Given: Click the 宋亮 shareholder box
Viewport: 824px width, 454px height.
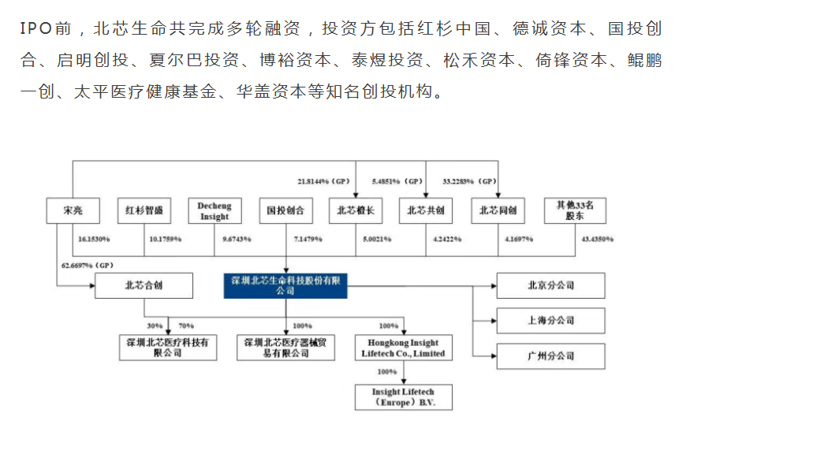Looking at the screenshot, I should point(73,210).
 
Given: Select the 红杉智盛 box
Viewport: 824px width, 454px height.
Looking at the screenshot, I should point(144,210).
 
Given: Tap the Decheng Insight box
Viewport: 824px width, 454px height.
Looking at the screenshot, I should point(214,211).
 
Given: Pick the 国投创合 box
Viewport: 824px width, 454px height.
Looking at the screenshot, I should point(285,210).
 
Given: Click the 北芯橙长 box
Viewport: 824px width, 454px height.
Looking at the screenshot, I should point(356,210).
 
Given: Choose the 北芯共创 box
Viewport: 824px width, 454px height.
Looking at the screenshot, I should point(426,210).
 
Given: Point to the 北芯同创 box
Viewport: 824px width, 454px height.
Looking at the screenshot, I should point(498,210).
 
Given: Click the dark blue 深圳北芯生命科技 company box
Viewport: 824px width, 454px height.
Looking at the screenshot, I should point(285,285).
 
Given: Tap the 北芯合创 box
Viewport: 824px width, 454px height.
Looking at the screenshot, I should point(144,285).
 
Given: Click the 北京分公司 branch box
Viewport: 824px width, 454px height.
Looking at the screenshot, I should point(550,285).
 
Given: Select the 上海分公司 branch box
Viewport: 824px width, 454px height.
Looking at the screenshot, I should point(550,321).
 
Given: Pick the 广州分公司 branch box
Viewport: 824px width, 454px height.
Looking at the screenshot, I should point(550,356).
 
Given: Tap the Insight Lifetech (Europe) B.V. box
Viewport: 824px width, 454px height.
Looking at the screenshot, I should point(404,397).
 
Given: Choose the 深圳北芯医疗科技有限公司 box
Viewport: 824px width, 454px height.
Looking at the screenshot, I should point(168,348).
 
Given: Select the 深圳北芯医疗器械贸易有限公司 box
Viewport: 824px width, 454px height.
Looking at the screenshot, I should point(285,348).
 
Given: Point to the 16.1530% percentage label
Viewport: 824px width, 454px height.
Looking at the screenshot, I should point(94,238).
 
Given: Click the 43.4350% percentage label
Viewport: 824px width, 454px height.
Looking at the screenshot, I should point(597,238).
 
